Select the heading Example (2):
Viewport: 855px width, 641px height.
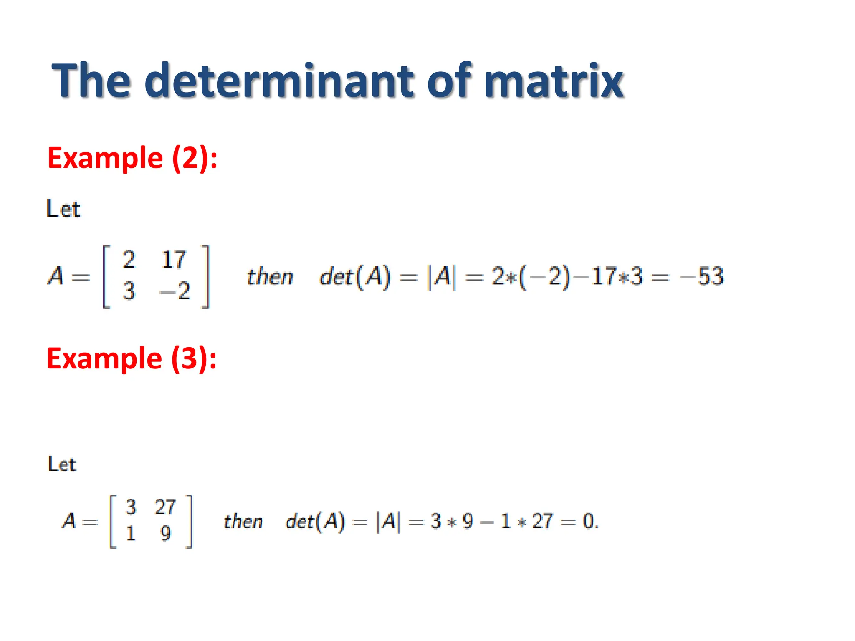pyautogui.click(x=132, y=158)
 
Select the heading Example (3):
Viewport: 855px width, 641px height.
pyautogui.click(x=132, y=358)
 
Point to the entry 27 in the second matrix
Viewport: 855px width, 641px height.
pyautogui.click(x=165, y=507)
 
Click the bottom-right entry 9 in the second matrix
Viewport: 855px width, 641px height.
pyautogui.click(x=165, y=533)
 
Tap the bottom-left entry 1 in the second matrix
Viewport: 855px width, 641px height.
pyautogui.click(x=131, y=533)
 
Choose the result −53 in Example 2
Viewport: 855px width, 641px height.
pyautogui.click(x=702, y=276)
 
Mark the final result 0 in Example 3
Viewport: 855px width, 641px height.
pyautogui.click(x=589, y=521)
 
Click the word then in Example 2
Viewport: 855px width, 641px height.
pyautogui.click(x=270, y=276)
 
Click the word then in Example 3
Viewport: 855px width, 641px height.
pyautogui.click(x=243, y=521)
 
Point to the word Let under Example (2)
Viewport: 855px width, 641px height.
pyautogui.click(x=63, y=209)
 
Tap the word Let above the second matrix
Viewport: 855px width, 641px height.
pyautogui.click(x=62, y=464)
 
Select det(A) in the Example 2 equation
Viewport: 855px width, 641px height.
pyautogui.click(x=355, y=276)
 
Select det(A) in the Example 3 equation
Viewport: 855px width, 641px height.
pyautogui.click(x=315, y=521)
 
